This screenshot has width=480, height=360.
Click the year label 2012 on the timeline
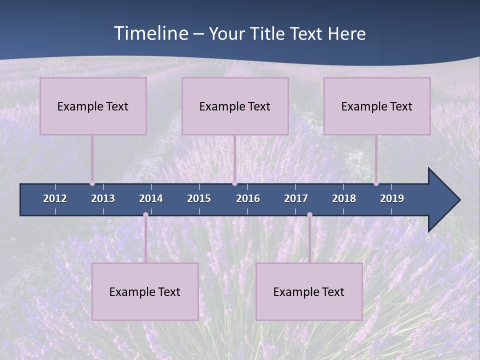point(55,198)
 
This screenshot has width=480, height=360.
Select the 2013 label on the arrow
point(103,198)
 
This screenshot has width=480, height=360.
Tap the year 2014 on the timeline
point(151,198)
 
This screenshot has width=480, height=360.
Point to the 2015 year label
point(199,198)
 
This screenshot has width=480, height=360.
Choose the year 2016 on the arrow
point(248,198)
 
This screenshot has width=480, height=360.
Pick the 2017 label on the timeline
point(296,198)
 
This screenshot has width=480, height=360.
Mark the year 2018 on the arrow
point(344,198)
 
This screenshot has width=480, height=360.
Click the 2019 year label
point(392,198)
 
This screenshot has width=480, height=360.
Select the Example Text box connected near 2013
point(93,106)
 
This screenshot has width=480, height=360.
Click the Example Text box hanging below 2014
point(145,291)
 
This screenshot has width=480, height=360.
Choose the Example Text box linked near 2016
point(235,106)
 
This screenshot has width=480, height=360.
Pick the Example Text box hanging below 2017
point(309,291)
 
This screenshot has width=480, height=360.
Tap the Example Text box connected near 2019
point(377,106)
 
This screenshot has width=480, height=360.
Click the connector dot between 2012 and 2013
point(92,183)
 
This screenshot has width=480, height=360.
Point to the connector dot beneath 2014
point(145,215)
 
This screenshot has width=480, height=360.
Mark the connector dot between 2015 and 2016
point(234,183)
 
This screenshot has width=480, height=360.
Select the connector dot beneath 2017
point(309,215)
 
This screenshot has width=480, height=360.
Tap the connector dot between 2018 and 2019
point(376,183)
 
